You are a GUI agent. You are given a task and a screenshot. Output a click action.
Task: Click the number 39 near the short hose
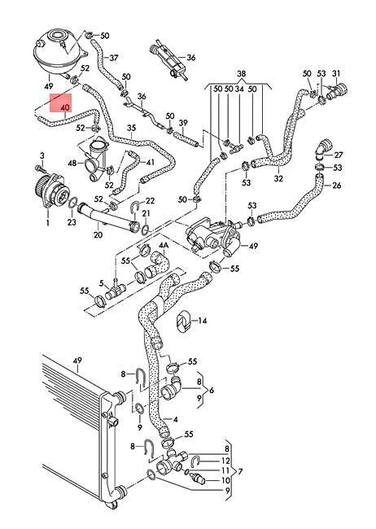point(184,124)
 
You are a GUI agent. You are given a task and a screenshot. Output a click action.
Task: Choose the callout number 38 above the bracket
point(240,72)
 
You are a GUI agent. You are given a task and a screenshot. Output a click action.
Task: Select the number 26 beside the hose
point(338,185)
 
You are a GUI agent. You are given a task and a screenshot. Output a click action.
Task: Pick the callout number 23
point(72,221)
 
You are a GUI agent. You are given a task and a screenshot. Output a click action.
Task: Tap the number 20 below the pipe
point(98,235)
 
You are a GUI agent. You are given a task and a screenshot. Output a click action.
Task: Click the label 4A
point(164,245)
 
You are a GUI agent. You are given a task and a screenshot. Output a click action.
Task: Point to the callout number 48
point(72,163)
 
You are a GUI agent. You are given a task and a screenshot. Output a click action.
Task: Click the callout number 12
point(226,461)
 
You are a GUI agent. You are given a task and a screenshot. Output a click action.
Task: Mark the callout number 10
point(226,481)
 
